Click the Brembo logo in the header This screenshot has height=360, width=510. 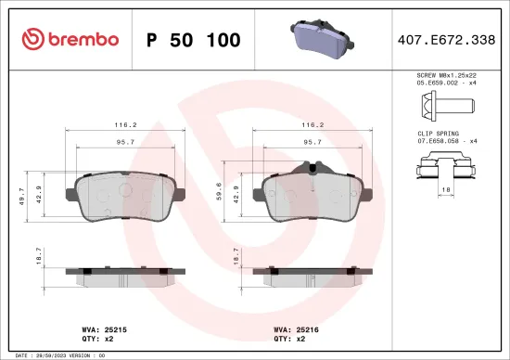pyautogui.click(x=70, y=40)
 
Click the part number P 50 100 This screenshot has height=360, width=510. pyautogui.click(x=194, y=41)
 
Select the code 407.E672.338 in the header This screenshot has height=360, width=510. pyautogui.click(x=446, y=40)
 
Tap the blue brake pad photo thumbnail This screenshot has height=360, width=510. pyautogui.click(x=319, y=40)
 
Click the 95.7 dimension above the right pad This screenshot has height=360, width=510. pyautogui.click(x=312, y=143)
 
